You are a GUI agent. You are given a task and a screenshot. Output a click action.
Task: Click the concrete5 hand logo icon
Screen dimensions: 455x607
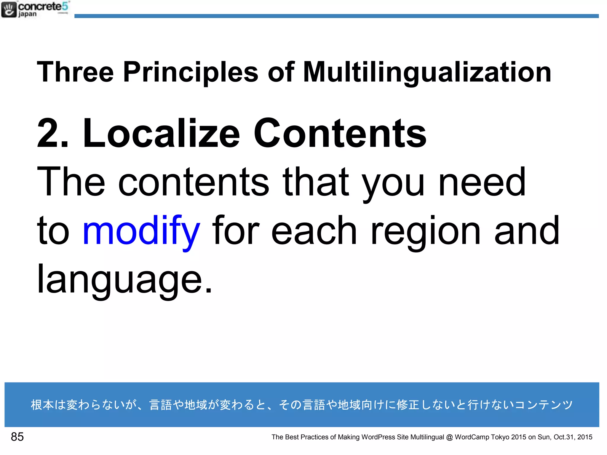tap(9, 9)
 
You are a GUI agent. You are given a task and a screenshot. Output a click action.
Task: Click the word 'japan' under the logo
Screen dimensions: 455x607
tap(28, 14)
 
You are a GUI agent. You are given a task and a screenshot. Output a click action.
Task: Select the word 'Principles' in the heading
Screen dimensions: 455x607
tap(191, 72)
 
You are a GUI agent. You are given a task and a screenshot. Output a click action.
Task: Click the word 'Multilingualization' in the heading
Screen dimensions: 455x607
tap(427, 72)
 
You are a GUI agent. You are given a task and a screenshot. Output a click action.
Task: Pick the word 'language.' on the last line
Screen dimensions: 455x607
tap(124, 280)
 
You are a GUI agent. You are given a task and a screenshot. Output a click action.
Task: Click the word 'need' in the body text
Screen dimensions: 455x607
tap(482, 181)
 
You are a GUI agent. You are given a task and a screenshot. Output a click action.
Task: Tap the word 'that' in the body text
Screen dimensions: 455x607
tap(316, 181)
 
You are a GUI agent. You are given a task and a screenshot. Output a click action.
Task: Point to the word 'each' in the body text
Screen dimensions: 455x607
tap(314, 230)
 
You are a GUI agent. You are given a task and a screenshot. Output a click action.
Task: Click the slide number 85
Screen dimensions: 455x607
tap(17, 437)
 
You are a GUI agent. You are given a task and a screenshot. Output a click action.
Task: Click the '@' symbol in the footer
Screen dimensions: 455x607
tap(449, 437)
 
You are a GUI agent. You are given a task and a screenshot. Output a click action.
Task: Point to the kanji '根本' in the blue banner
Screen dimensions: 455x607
tap(42, 405)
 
